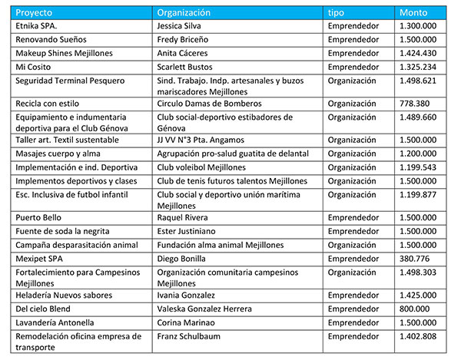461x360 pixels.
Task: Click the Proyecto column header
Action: pyautogui.click(x=33, y=12)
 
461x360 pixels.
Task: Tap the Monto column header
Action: pyautogui.click(x=413, y=12)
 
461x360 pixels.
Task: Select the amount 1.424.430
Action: pyautogui.click(x=418, y=52)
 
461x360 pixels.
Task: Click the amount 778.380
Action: pyautogui.click(x=415, y=103)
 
